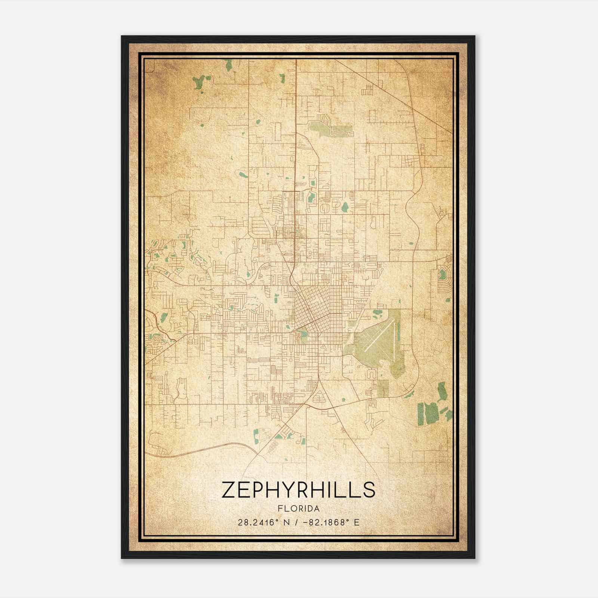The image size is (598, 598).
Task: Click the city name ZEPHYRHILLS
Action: pyautogui.click(x=298, y=490)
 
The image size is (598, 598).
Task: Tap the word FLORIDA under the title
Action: pyautogui.click(x=299, y=509)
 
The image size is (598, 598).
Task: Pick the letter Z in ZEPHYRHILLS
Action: pyautogui.click(x=229, y=490)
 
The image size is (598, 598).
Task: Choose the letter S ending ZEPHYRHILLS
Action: pyautogui.click(x=369, y=490)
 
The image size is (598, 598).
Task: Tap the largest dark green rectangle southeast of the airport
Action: pyautogui.click(x=432, y=413)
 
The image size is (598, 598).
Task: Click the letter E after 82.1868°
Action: pyautogui.click(x=357, y=522)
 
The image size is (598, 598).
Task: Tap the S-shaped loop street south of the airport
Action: pyautogui.click(x=371, y=373)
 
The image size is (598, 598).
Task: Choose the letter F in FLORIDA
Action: pyautogui.click(x=280, y=509)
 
